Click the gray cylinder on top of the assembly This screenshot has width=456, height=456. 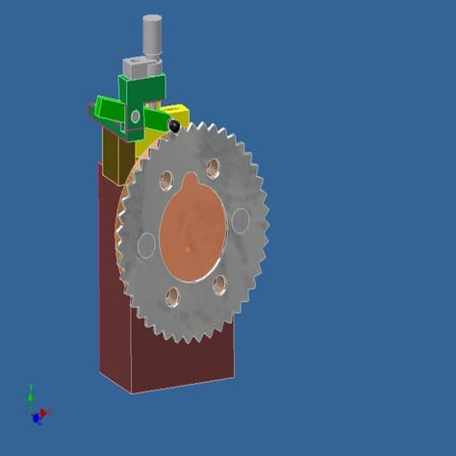pyautogui.click(x=152, y=36)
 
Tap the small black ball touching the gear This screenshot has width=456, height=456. pyautogui.click(x=174, y=126)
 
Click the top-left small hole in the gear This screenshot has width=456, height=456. pyautogui.click(x=166, y=180)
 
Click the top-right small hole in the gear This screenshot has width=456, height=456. pyautogui.click(x=213, y=167)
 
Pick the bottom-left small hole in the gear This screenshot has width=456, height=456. pyautogui.click(x=173, y=296)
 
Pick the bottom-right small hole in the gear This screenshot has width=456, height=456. pyautogui.click(x=219, y=284)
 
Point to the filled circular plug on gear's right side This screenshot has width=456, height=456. pyautogui.click(x=240, y=221)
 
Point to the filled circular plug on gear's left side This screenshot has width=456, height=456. pyautogui.click(x=146, y=245)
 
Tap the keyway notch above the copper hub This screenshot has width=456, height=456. pyautogui.click(x=189, y=181)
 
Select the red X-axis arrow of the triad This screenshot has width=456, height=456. pyautogui.click(x=45, y=413)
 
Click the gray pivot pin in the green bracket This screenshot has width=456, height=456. pyautogui.click(x=135, y=116)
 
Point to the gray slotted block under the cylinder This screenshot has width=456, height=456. pyautogui.click(x=141, y=67)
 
